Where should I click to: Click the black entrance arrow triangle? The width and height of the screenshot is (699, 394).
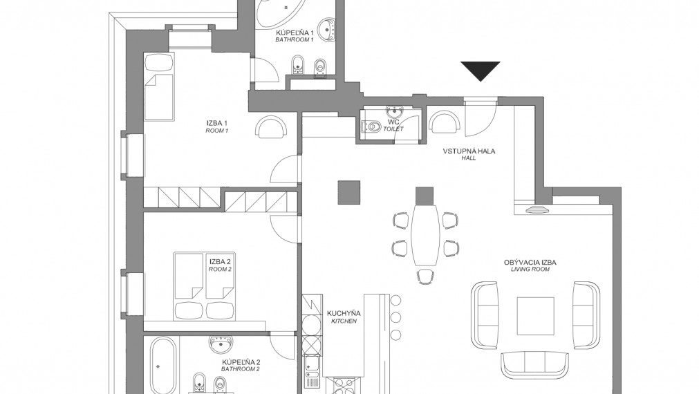click(480, 71)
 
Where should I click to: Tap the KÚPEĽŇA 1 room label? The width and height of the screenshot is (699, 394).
click(295, 33)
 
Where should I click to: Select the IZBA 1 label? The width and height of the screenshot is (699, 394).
click(217, 123)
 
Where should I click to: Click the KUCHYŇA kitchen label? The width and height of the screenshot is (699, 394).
click(344, 313)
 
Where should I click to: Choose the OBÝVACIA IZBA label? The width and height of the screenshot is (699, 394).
click(530, 262)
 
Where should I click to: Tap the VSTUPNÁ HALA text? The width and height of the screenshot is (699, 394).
click(469, 151)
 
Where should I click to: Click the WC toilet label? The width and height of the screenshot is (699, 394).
click(393, 122)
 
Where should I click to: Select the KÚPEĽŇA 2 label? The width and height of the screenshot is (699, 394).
click(241, 362)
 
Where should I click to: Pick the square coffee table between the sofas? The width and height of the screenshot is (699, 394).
click(535, 316)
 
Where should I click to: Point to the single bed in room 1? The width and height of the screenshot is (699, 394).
click(158, 87)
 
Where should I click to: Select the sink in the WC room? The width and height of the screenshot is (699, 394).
click(394, 111)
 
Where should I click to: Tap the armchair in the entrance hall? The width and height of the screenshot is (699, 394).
click(444, 121)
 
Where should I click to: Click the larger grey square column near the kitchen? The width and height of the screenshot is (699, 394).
click(348, 192)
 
